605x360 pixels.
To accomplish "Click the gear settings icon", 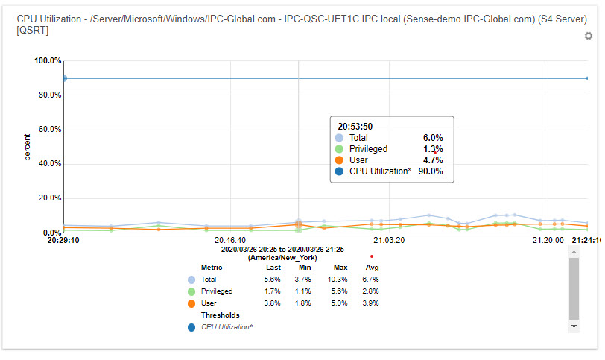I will [x=588, y=36].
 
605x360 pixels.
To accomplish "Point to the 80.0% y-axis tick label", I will [x=48, y=95].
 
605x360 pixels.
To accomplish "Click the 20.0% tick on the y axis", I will [x=48, y=198].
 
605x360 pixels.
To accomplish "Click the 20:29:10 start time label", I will [x=64, y=241].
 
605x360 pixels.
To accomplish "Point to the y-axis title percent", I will [x=28, y=147].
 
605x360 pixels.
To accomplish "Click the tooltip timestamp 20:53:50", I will [x=355, y=126].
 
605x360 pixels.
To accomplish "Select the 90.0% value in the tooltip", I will [x=431, y=171].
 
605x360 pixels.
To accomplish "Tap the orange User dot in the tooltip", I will [x=340, y=160].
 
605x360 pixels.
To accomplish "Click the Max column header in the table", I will [x=340, y=267].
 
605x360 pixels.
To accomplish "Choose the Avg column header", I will [x=373, y=267].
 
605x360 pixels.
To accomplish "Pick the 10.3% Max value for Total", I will [x=340, y=279].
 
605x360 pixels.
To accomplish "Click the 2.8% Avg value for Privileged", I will [x=371, y=291].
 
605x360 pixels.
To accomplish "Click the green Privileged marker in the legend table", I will [x=192, y=291].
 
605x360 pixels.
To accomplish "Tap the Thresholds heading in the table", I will [x=220, y=315].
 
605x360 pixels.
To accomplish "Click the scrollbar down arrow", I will [x=574, y=326].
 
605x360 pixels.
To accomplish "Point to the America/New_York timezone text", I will [x=282, y=257].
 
